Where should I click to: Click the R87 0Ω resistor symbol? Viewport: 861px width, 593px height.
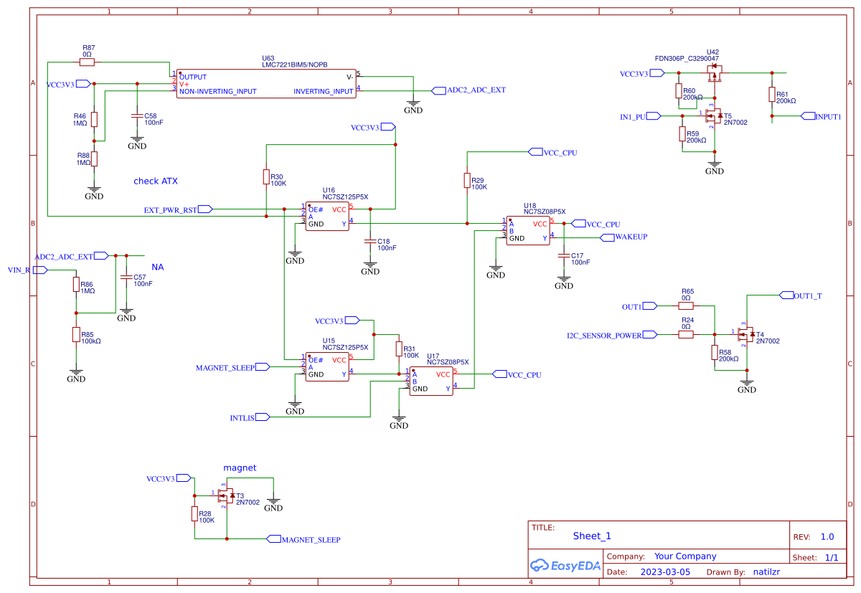pos(87,62)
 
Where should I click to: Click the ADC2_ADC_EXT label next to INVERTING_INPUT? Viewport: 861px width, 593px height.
pos(476,90)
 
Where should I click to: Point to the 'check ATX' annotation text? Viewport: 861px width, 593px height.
pos(155,181)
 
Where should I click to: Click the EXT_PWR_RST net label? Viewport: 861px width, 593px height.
pos(170,210)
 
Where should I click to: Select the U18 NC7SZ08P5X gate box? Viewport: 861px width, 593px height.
pos(528,231)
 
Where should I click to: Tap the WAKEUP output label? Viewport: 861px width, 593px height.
pos(631,237)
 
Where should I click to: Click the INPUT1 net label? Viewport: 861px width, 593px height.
pos(827,116)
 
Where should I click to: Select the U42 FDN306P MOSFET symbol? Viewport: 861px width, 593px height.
pos(714,72)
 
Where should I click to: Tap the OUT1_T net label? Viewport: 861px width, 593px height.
pos(807,295)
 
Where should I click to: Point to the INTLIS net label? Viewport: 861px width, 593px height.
pos(243,417)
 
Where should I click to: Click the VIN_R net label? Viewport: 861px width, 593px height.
pos(19,270)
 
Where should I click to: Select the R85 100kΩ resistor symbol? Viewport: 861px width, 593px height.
pos(76,334)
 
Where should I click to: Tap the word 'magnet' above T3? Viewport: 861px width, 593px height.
pos(240,468)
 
